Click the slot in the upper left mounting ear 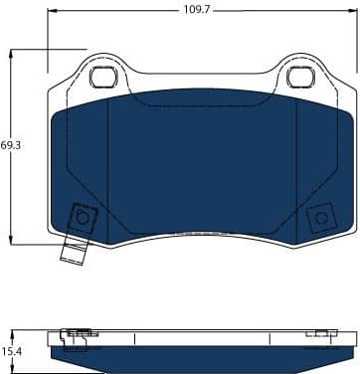(102, 76)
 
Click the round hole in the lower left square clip (83, 220)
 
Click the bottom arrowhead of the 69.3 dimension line (12, 239)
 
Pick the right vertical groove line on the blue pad (299, 169)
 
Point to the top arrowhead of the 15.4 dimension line (12, 331)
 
